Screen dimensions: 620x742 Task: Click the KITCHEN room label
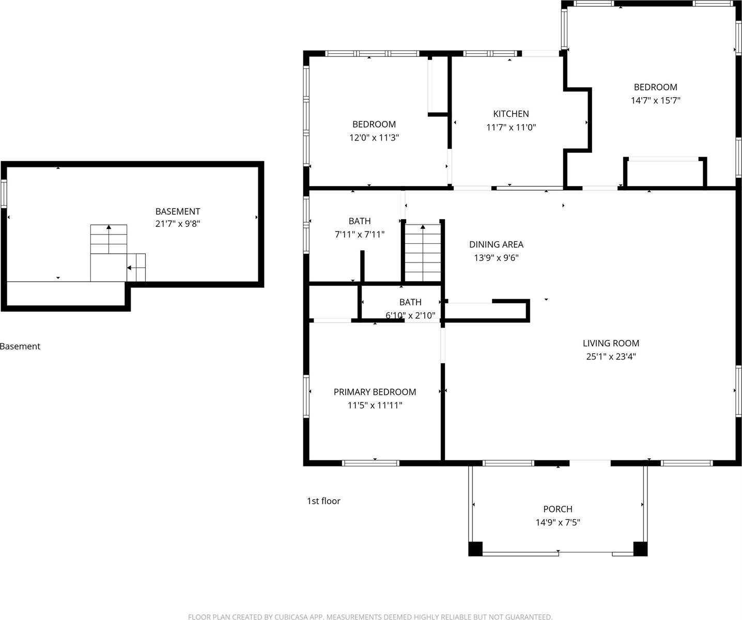click(511, 114)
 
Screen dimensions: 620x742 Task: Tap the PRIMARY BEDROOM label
click(375, 392)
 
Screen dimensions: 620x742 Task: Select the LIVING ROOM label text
click(611, 343)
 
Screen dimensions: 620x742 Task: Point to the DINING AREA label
click(496, 244)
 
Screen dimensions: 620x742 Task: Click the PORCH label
click(558, 509)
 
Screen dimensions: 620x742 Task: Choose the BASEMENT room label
click(177, 211)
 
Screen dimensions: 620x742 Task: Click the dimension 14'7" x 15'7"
click(655, 101)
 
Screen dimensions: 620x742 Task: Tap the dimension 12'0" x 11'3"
click(374, 138)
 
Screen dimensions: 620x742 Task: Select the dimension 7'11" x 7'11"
click(360, 235)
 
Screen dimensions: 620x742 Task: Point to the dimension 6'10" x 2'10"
click(410, 315)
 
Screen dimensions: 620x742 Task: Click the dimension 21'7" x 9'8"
click(177, 224)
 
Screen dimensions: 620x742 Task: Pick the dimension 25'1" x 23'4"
click(611, 357)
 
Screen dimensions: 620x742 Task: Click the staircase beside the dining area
click(423, 253)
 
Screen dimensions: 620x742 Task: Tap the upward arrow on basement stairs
click(109, 227)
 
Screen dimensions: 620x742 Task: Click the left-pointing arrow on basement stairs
click(129, 268)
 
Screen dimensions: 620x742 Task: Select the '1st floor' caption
click(323, 501)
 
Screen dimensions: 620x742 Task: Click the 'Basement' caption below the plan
click(20, 347)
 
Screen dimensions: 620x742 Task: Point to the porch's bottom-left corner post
click(475, 549)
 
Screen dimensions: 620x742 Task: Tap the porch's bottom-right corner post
click(640, 549)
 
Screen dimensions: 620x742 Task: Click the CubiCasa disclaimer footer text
click(370, 617)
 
